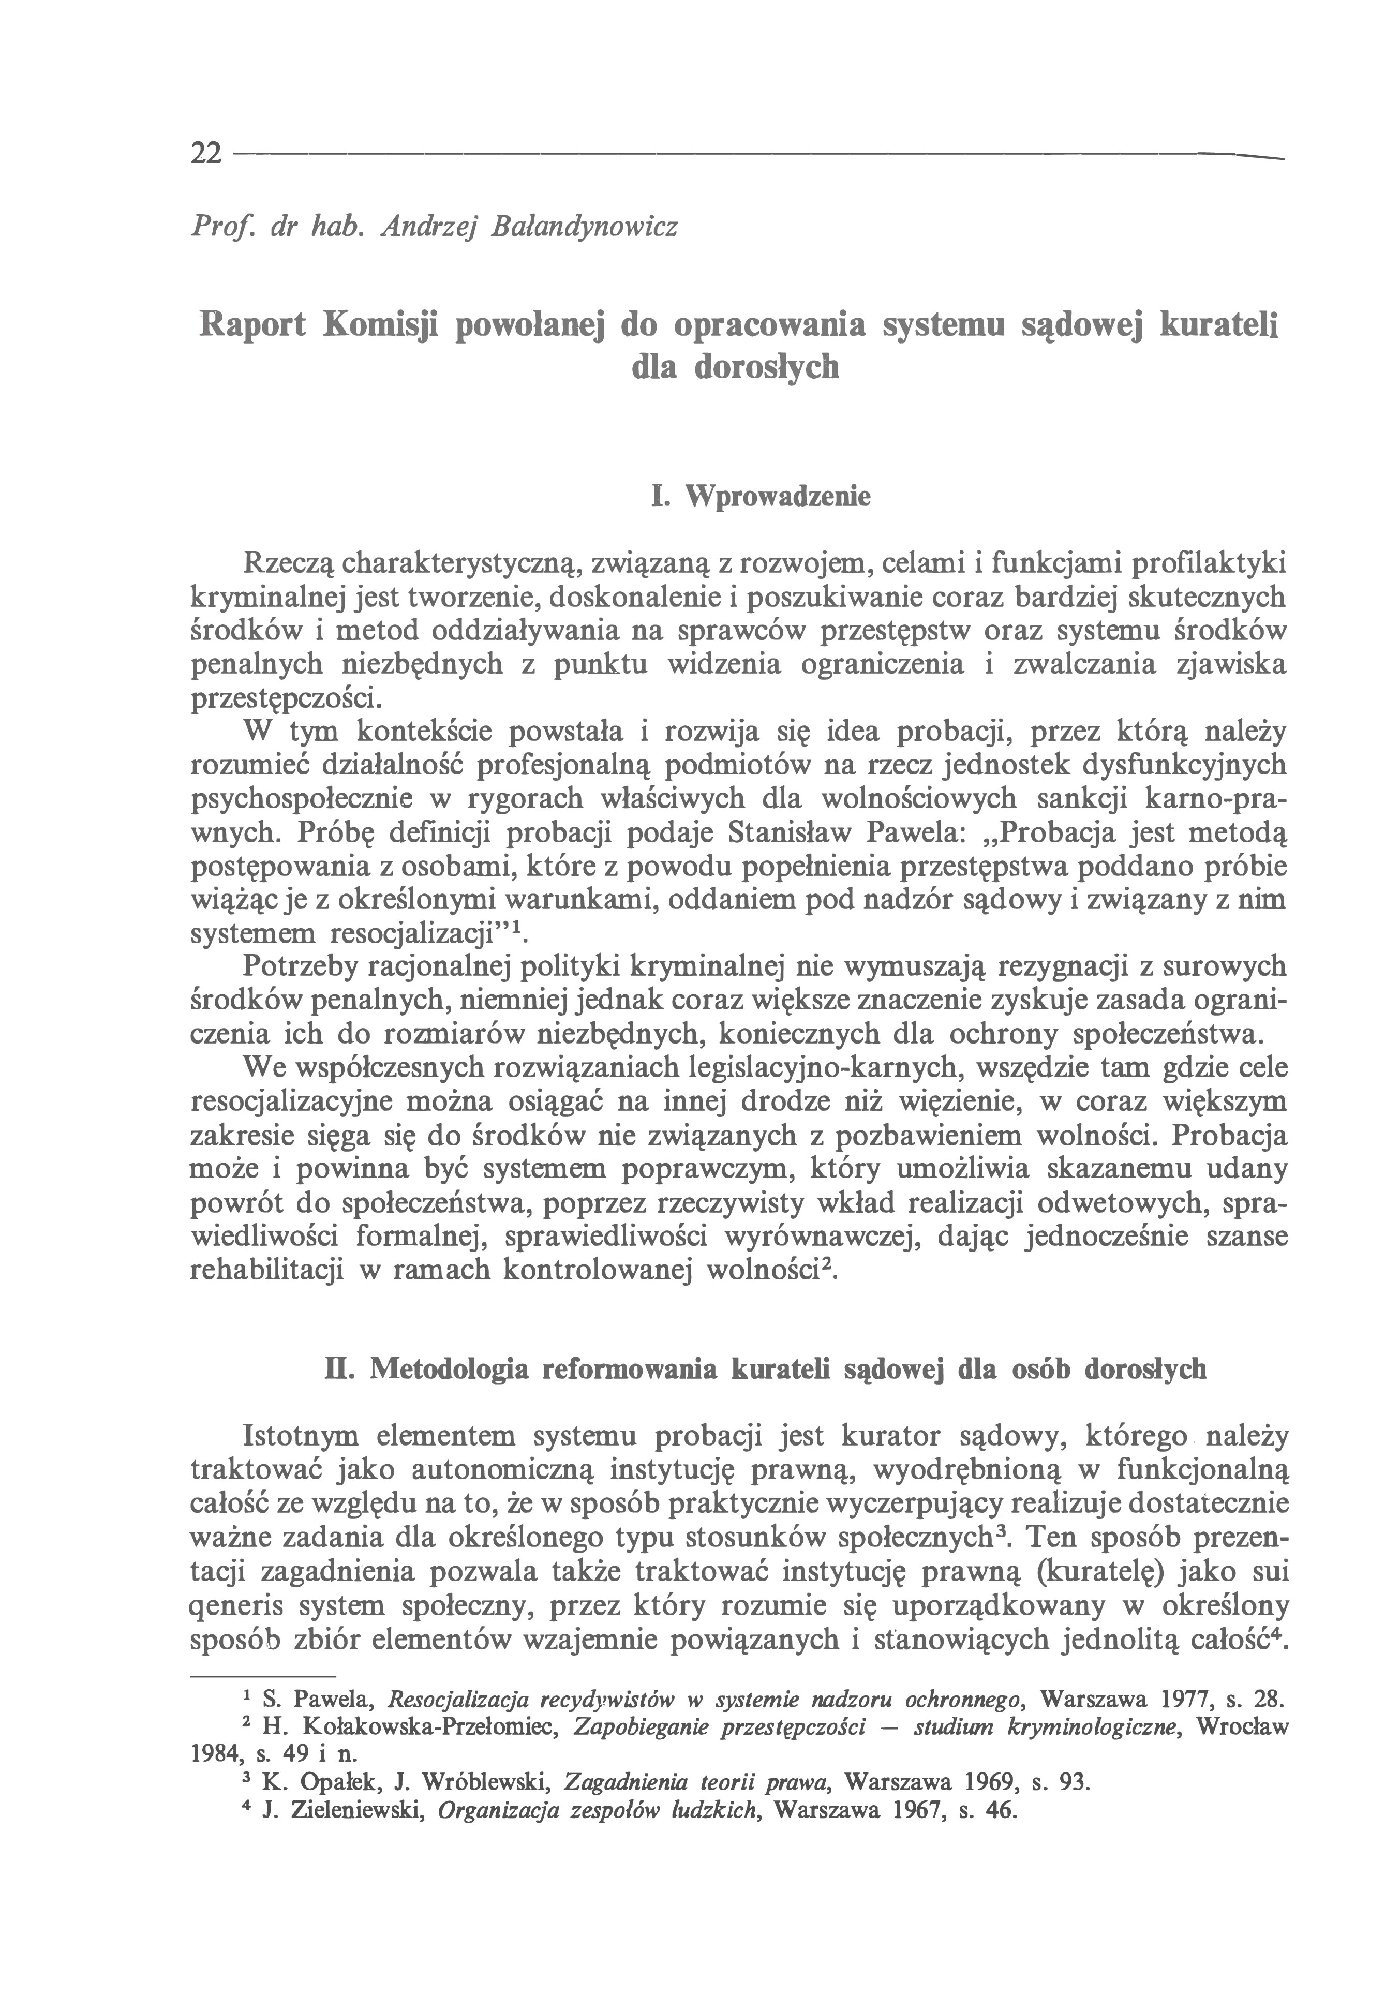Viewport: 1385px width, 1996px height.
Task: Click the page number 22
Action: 206,154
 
